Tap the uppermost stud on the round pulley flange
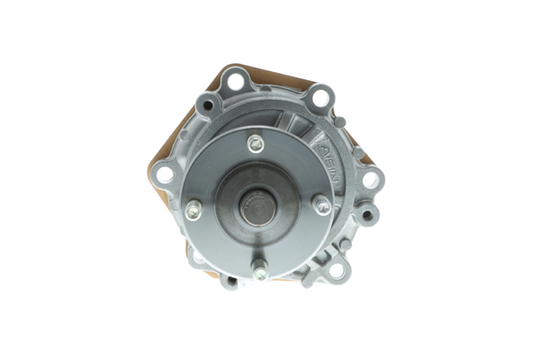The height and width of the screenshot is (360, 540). (256, 143)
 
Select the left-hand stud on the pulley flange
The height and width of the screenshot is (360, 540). (193, 211)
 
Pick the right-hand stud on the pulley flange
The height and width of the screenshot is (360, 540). (321, 205)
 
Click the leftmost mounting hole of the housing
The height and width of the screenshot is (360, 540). (164, 173)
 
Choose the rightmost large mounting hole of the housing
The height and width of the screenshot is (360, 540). (369, 179)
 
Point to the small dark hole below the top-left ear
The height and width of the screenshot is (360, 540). (209, 106)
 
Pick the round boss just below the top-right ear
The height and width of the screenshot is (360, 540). (339, 121)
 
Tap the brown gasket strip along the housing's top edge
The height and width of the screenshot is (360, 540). (270, 72)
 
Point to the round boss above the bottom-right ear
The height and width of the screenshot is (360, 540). (347, 246)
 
